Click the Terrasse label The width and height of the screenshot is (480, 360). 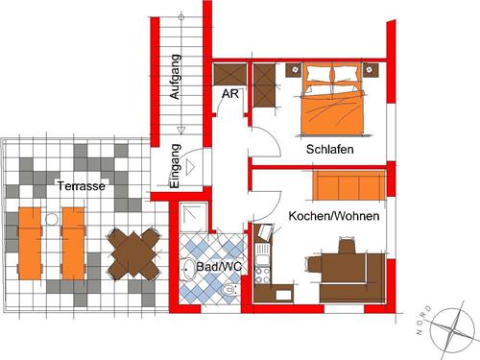82,186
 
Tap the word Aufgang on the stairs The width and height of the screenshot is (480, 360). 175,77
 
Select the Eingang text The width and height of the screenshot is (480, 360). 175,166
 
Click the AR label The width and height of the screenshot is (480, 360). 230,94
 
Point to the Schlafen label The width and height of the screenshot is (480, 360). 330,149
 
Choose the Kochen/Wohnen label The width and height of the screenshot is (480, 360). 334,216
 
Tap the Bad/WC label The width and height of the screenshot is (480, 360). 219,267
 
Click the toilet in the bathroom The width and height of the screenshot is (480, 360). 228,290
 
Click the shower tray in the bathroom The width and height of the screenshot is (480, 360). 193,216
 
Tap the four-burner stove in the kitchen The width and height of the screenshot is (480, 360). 263,276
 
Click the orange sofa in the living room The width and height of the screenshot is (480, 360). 349,185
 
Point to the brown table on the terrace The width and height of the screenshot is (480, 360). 133,253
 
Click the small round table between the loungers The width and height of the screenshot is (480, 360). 52,220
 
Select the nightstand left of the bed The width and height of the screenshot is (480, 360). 294,70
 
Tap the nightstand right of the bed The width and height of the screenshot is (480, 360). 371,70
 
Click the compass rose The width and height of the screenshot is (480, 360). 452,329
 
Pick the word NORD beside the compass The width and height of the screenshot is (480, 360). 423,321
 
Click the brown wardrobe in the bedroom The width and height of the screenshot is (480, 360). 264,85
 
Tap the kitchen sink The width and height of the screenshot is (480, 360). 262,254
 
